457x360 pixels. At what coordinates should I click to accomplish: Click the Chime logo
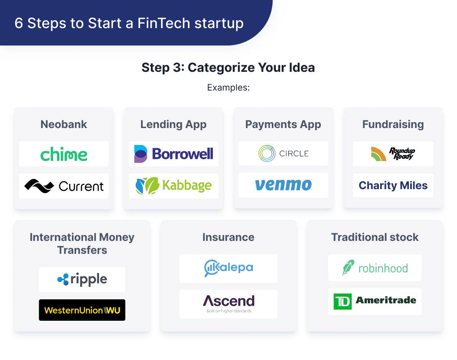[64, 154]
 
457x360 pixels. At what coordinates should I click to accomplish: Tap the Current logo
[64, 186]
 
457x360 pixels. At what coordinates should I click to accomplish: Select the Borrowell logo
[174, 154]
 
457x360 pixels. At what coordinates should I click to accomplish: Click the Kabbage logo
[174, 186]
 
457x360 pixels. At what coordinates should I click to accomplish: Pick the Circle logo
[283, 153]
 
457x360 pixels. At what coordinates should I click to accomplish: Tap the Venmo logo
[283, 185]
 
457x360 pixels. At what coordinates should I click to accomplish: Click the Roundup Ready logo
[393, 154]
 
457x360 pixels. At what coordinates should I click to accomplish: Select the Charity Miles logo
[393, 185]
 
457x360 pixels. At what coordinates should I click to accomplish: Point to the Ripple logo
[82, 280]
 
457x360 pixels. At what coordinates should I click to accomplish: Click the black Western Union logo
[82, 310]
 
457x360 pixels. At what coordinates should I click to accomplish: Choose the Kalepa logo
[228, 268]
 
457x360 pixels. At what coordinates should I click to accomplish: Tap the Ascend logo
[228, 302]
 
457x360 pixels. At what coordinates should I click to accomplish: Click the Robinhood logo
[375, 268]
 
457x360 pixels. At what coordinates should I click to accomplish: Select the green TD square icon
[343, 302]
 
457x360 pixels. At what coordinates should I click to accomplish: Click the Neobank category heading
[64, 124]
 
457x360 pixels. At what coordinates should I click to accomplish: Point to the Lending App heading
[174, 124]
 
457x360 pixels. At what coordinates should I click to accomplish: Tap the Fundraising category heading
[393, 124]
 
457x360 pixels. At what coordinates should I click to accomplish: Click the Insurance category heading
[228, 237]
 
